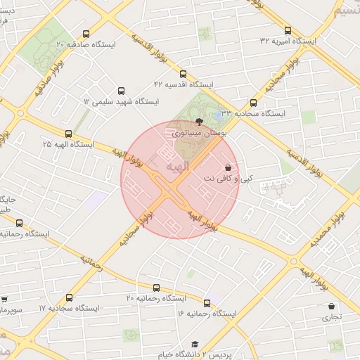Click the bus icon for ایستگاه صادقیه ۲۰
pos(86,34)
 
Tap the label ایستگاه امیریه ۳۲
pos(288,41)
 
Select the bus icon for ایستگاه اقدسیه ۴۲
pos(183,74)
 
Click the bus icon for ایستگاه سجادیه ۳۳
pos(253,103)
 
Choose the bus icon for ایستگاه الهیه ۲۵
pos(68,134)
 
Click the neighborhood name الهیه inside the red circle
pos(176,166)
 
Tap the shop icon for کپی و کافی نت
pos(227,168)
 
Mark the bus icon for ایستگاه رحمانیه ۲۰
pos(156,288)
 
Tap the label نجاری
pos(331,317)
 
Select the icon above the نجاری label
pos(331,307)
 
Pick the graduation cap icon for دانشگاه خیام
pos(193,345)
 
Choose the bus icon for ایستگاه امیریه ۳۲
pos(288,30)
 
